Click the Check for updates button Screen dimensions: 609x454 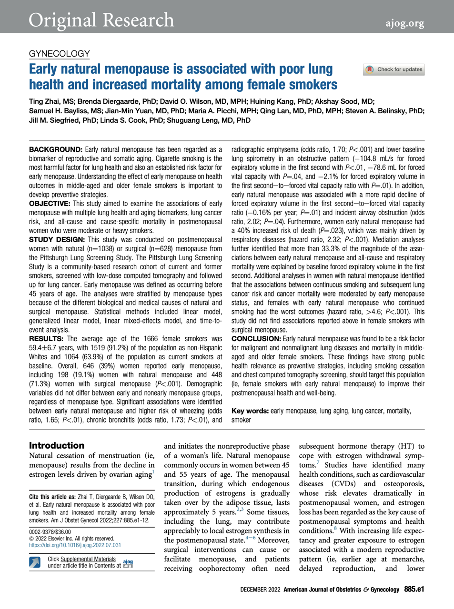pos(393,69)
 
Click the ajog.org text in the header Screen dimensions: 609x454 pos(405,23)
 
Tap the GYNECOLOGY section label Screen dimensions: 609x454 pos(60,54)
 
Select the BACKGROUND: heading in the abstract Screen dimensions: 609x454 pos(56,150)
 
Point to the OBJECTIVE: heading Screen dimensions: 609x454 pos(50,204)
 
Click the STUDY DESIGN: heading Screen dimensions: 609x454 pos(57,240)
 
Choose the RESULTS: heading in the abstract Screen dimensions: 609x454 pos(46,339)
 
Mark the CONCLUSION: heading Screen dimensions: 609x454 pos(256,339)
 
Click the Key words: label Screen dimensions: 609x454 pos(250,411)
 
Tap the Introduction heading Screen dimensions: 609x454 pos(57,446)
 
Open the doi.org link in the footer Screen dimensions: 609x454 pos(75,545)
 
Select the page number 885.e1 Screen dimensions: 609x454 pos(414,589)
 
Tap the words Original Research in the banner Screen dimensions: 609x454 pos(101,20)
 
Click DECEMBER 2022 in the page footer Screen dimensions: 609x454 pos(260,590)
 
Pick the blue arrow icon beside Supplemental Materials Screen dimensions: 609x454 pos(35,562)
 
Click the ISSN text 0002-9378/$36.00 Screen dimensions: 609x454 pos(50,532)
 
